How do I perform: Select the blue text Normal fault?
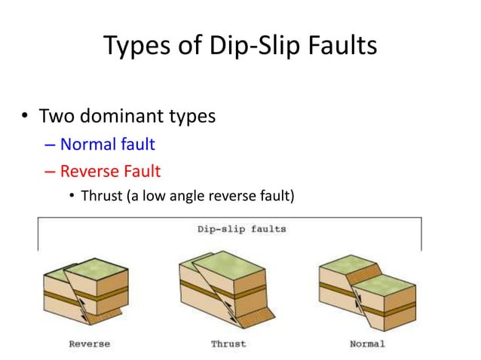click(107, 144)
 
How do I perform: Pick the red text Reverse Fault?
click(110, 171)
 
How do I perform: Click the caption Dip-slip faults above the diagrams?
click(231, 228)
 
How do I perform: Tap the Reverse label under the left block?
click(89, 344)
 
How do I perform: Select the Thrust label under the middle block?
click(228, 344)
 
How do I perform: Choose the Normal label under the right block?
click(367, 344)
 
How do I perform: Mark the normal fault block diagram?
click(367, 290)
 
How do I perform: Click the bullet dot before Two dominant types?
click(24, 117)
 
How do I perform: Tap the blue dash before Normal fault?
click(51, 145)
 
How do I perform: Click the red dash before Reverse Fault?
click(51, 172)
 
